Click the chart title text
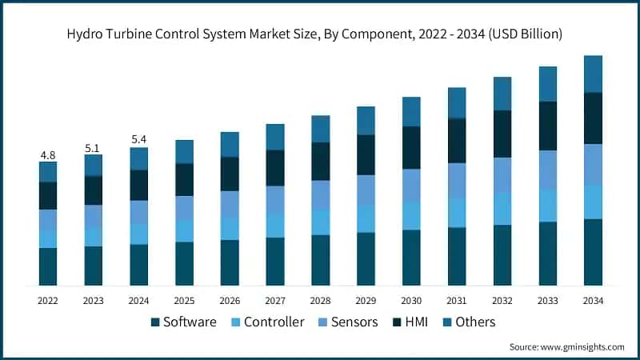[x=320, y=34]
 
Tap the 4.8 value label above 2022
[x=48, y=154]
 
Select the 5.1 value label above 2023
[x=94, y=147]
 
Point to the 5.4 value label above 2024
[x=139, y=140]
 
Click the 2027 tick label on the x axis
[x=275, y=300]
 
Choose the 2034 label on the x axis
[x=593, y=300]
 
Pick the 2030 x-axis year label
[x=411, y=300]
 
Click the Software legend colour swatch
[x=155, y=322]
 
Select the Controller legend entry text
[x=274, y=322]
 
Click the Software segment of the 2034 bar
[x=593, y=252]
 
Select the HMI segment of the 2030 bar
[x=411, y=147]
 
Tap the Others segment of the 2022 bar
[x=48, y=172]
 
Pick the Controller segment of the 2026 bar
[x=230, y=228]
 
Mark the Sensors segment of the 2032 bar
[x=502, y=174]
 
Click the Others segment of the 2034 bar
[x=593, y=74]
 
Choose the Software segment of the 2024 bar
[x=139, y=265]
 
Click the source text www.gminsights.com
[x=566, y=347]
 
